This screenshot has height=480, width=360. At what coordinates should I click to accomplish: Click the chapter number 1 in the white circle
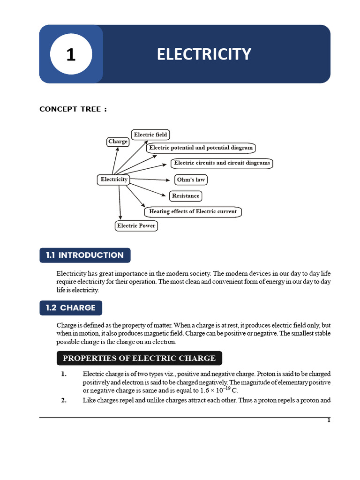(71, 55)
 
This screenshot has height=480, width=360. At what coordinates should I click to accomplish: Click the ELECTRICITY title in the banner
(204, 54)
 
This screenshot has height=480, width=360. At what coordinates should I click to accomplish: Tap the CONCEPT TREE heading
(73, 109)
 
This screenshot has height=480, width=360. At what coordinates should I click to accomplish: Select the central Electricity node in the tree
(114, 180)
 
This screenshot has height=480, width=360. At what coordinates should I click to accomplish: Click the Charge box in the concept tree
(118, 142)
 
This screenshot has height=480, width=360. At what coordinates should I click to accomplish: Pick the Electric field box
(150, 135)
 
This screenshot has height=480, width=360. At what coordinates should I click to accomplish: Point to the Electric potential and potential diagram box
(201, 148)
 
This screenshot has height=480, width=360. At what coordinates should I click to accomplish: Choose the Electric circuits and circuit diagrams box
(222, 163)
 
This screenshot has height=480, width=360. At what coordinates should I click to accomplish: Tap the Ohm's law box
(191, 180)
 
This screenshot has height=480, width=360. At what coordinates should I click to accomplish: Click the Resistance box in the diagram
(186, 196)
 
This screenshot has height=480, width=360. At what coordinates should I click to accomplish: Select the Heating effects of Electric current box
(193, 212)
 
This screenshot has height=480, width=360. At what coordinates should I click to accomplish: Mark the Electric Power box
(136, 226)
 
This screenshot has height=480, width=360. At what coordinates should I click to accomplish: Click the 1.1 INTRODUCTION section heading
(85, 255)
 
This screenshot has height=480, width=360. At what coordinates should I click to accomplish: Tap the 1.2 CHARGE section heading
(71, 308)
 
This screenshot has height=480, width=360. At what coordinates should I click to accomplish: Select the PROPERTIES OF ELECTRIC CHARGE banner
(139, 359)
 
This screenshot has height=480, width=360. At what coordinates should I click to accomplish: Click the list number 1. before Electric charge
(64, 374)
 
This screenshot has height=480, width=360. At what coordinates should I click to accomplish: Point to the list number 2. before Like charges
(64, 400)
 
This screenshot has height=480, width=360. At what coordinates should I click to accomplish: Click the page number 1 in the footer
(329, 420)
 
